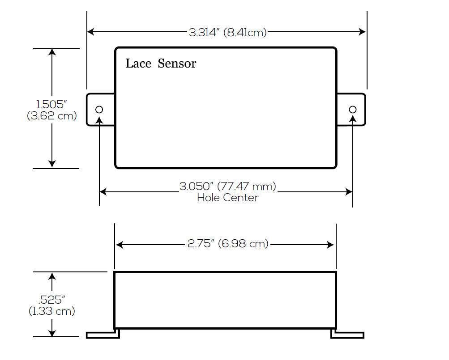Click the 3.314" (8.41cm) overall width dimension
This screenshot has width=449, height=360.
coord(227,32)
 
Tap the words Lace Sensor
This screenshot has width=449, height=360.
coord(161,64)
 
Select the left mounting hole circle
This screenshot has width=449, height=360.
coord(99,110)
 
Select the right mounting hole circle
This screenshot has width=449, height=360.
coord(353,110)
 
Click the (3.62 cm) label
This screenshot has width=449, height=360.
coord(52,116)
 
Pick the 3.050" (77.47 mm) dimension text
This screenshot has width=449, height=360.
coord(227,186)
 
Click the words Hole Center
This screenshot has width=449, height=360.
coord(227,198)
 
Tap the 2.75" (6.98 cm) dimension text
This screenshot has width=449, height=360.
coord(227,244)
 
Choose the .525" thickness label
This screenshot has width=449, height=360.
coord(51,300)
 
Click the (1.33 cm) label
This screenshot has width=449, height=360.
coord(52,311)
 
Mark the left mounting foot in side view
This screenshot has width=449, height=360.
coord(103,335)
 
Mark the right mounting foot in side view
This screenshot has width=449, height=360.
coord(347,335)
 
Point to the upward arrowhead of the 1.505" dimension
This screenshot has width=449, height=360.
coord(52,52)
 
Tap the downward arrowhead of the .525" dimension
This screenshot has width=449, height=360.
coord(52,333)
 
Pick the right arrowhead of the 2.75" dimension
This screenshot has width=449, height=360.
coord(331,245)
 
